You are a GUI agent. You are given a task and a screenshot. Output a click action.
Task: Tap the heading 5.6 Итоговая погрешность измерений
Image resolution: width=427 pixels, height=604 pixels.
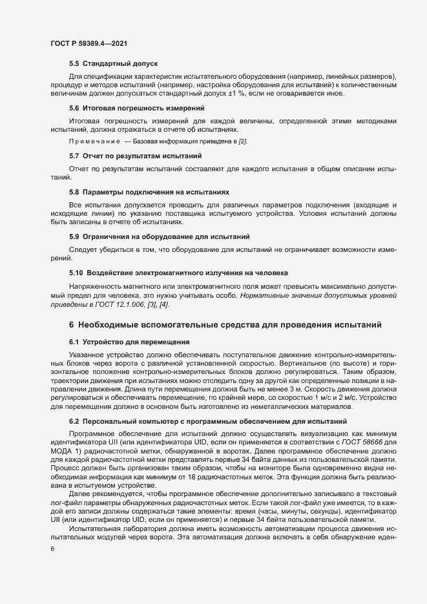tap(136, 108)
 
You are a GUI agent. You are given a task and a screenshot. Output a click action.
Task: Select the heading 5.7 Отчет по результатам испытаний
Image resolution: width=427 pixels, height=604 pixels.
tap(136, 156)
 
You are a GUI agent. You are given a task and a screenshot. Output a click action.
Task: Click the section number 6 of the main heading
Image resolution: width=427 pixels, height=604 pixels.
tap(72, 324)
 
